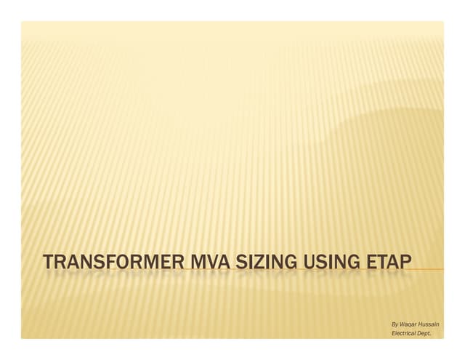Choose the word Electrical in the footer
[404, 332]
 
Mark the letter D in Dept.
[419, 332]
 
